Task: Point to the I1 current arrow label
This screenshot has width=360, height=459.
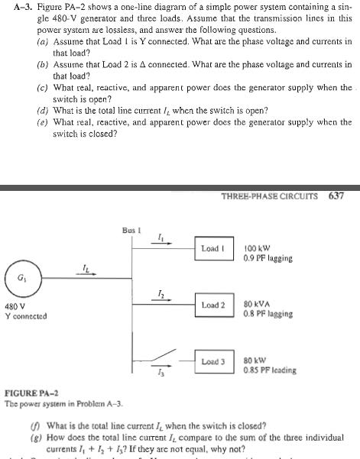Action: (159, 239)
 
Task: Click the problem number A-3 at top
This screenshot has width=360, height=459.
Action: (13, 6)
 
